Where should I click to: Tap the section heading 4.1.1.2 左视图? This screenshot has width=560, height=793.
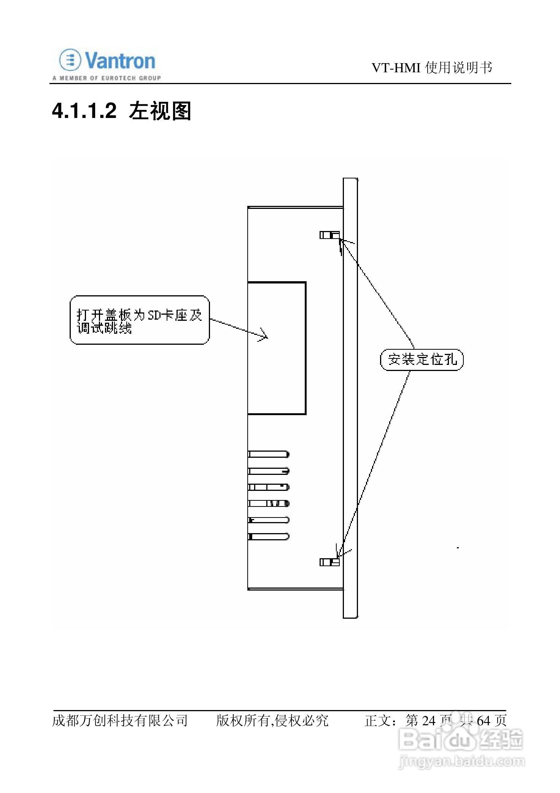tap(121, 111)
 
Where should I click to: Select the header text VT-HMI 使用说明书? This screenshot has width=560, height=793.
tap(431, 68)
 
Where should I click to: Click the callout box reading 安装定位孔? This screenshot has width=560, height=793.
tap(422, 360)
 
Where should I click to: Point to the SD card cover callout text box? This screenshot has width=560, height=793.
tap(140, 320)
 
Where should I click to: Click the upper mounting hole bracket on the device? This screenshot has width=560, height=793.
tap(329, 235)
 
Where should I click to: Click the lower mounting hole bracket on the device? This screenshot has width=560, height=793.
tap(329, 562)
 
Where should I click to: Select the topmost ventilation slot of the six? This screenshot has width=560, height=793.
tap(269, 454)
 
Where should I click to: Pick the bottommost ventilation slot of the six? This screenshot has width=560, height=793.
tap(269, 537)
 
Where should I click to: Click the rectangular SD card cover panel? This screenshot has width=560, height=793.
tap(277, 348)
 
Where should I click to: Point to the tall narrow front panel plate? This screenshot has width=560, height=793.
tap(350, 398)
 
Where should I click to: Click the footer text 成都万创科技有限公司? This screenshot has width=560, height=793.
tap(120, 720)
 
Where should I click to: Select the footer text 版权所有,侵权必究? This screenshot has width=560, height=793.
tap(272, 720)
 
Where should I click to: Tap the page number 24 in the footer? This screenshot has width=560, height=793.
tap(429, 720)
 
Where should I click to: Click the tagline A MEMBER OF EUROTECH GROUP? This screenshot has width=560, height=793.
tap(107, 78)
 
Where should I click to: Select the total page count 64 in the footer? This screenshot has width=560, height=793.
tap(483, 720)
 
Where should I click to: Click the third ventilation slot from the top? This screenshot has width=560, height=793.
tap(269, 487)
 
